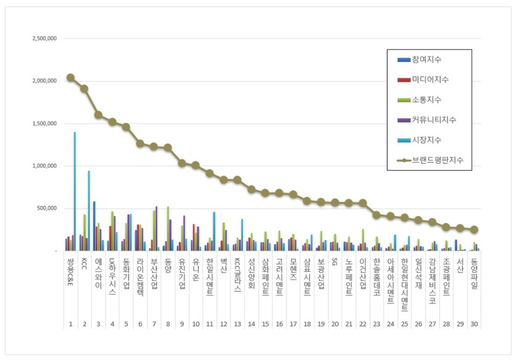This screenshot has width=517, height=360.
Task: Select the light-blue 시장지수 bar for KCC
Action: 89,210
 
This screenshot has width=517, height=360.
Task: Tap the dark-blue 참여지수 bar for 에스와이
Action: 94,226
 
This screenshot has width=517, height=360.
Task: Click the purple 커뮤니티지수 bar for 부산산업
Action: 157,229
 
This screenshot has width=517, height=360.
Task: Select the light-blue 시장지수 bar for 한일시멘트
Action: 214,231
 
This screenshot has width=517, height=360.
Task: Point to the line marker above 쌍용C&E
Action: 71,77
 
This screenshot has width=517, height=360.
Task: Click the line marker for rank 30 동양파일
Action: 474,229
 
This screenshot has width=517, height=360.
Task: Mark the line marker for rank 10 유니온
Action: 195,165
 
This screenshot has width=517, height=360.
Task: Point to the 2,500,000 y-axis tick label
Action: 45,39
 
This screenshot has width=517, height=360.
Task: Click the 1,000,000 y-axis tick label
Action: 45,166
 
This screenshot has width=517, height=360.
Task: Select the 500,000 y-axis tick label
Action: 47,209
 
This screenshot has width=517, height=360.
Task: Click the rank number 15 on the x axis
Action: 265,324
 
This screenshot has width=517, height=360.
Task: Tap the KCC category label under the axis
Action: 85,266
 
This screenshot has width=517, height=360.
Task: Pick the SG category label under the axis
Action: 334,263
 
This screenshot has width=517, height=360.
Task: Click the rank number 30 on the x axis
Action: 474,324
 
